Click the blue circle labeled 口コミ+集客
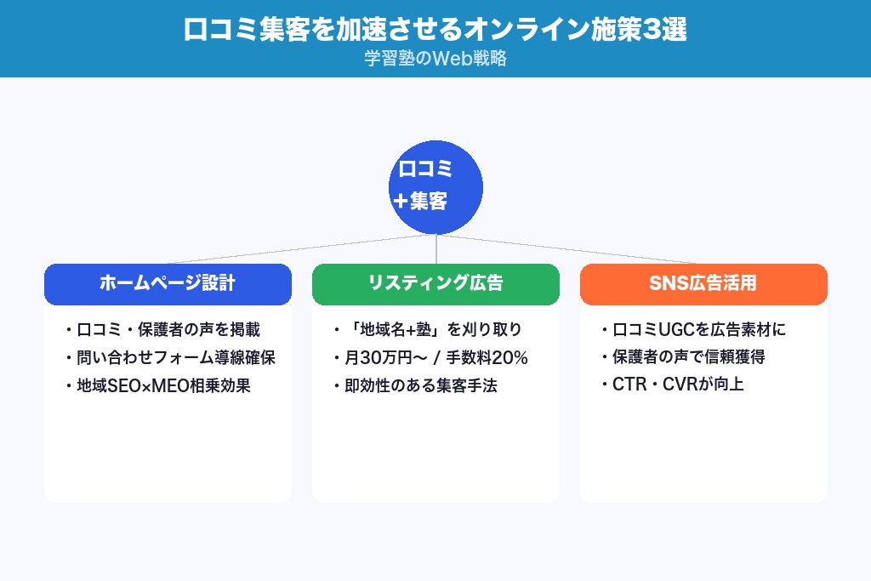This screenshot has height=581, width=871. (435, 187)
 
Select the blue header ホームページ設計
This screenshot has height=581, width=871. (168, 284)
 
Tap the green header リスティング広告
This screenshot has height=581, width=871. (435, 284)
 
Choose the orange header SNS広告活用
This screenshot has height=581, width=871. (703, 284)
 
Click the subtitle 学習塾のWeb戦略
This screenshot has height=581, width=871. (435, 60)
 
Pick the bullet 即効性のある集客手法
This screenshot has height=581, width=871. (420, 385)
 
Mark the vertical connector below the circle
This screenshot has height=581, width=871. (435, 249)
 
